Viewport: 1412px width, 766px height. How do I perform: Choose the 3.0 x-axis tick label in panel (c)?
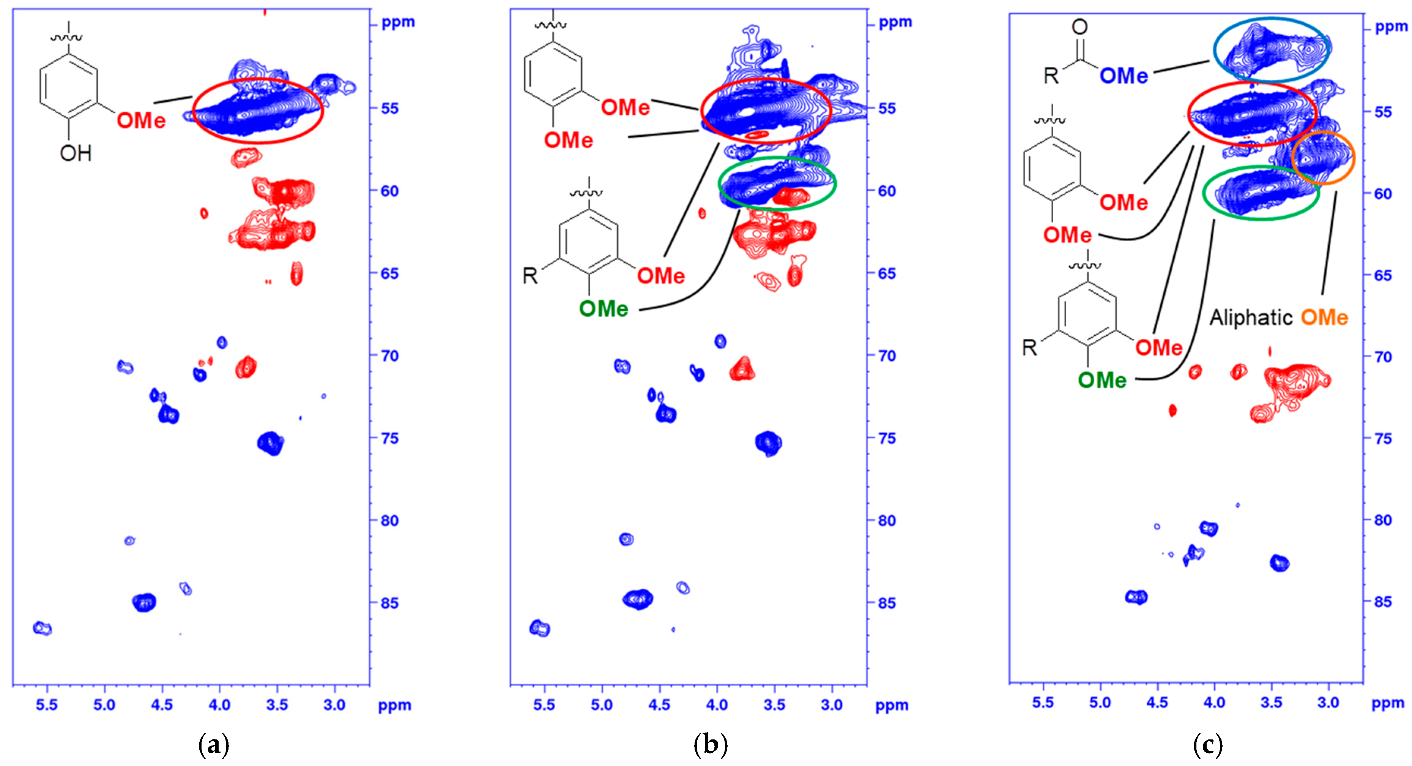point(1328,703)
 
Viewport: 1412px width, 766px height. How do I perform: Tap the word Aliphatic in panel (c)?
point(1250,317)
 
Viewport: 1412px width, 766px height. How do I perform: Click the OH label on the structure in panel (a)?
point(76,153)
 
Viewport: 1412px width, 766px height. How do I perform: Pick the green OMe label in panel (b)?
point(604,309)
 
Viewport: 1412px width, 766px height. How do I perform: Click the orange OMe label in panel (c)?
point(1324,317)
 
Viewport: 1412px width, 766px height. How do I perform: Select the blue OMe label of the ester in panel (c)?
point(1124,76)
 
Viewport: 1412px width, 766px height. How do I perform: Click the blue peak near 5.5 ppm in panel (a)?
point(42,628)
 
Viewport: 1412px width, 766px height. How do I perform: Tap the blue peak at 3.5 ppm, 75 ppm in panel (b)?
point(769,442)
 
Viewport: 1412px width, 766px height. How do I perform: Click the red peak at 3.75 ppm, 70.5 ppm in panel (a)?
point(246,367)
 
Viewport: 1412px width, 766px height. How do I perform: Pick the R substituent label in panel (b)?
point(530,276)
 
